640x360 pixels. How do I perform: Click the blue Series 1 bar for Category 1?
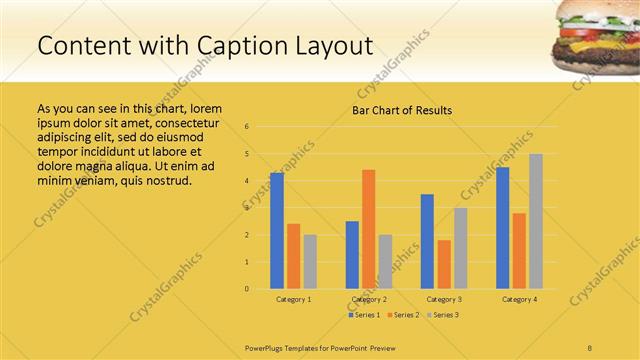point(277,231)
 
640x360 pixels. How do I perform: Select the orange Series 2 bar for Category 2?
point(368,229)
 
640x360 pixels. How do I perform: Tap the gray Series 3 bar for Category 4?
point(536,221)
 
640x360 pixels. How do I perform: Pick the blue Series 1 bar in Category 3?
point(427,241)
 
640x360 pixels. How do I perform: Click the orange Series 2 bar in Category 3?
point(444,264)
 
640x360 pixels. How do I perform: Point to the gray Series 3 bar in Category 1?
point(310,262)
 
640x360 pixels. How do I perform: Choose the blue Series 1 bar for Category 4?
point(502,228)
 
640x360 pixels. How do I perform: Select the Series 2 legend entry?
point(402,315)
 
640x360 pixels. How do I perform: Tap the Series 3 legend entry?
point(442,315)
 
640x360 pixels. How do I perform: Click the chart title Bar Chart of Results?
point(402,110)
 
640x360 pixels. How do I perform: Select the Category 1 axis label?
point(294,299)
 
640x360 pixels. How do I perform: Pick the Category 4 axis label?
point(519,299)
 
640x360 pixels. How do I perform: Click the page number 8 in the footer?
point(590,346)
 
